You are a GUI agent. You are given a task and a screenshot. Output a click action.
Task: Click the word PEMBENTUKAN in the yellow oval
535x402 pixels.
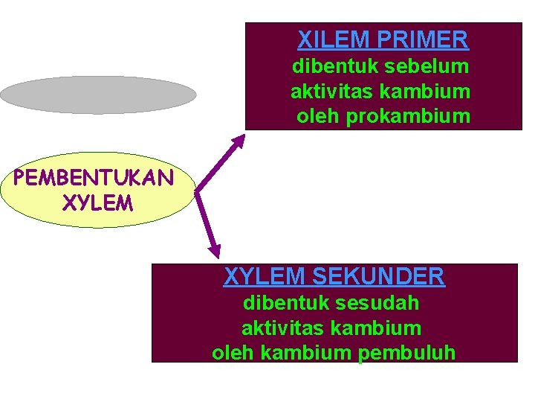point(94,179)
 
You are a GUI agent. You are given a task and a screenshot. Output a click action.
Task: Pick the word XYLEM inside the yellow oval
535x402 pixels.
point(99,202)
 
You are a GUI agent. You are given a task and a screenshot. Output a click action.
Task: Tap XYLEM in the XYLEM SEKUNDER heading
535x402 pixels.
point(265,277)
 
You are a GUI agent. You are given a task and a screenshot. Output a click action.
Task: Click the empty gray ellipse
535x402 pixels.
point(98,95)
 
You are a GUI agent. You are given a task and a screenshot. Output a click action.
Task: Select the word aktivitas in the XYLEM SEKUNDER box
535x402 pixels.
point(274,328)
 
